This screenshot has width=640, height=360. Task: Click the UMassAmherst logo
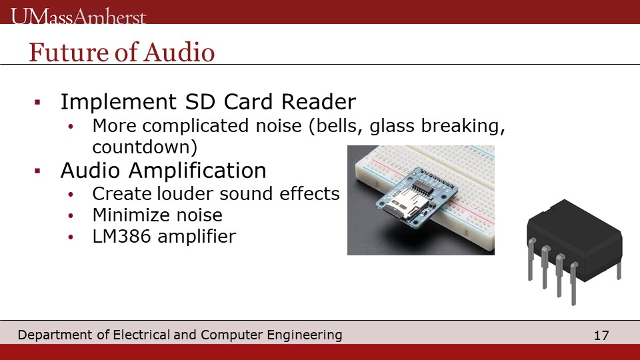coord(79,16)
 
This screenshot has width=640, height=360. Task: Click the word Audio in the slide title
coord(179,52)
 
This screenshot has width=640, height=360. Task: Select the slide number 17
coord(601,335)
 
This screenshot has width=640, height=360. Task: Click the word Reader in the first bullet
coord(319,101)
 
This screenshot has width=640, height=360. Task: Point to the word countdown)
coord(145,147)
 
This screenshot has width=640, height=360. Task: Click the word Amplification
coord(197,171)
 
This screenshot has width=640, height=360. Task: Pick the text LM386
coord(121,236)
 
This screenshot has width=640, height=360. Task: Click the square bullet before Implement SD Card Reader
coord(37,102)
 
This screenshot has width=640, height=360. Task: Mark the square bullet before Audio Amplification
coord(37,171)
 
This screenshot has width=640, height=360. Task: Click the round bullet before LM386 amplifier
coord(71,237)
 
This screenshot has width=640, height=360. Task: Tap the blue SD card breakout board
coord(415,197)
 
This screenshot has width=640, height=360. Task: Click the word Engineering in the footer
coord(305,335)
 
